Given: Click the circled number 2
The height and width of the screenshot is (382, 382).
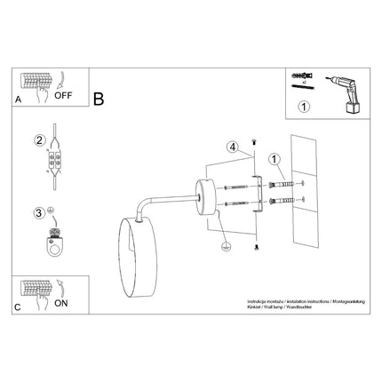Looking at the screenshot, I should [x=39, y=140].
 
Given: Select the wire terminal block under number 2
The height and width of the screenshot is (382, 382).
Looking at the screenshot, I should [x=55, y=163].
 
